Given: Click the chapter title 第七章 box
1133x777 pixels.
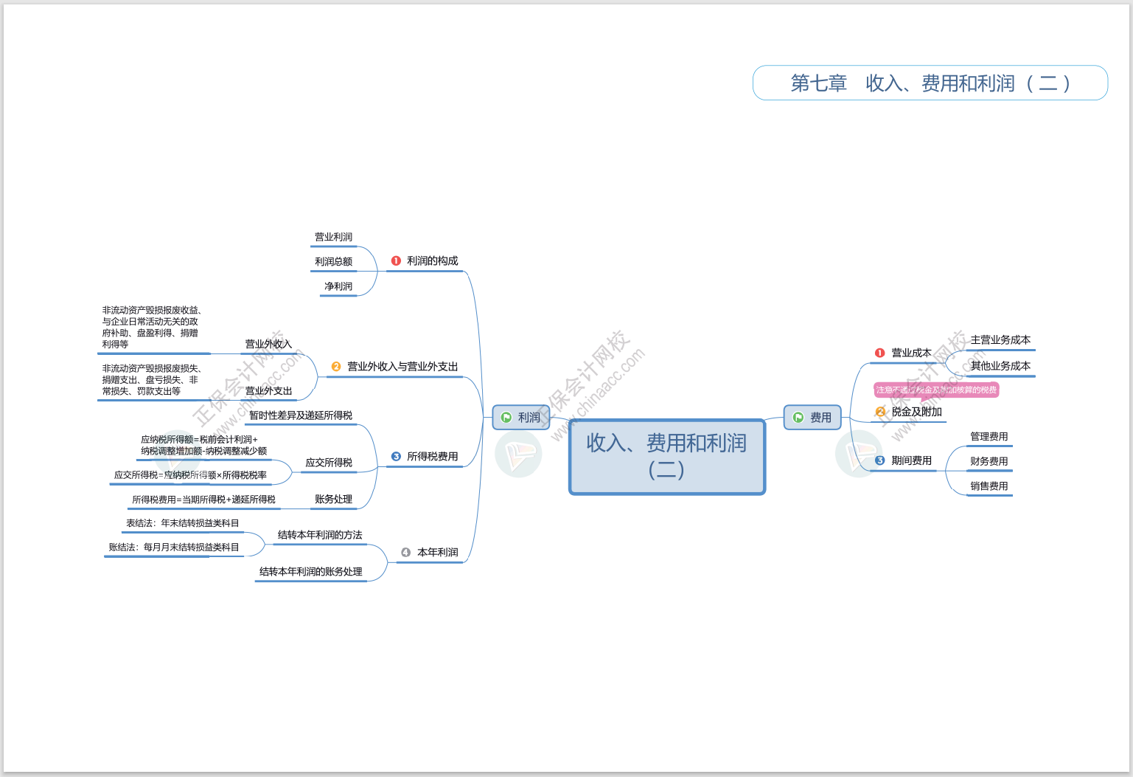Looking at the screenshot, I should (930, 83).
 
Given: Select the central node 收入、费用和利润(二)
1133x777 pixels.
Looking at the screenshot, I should (666, 456).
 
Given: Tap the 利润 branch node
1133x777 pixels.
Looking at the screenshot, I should (521, 418).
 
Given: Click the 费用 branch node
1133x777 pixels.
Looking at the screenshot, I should (812, 418).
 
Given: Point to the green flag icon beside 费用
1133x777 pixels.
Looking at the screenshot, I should (798, 418).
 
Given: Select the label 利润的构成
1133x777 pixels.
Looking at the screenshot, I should (432, 261).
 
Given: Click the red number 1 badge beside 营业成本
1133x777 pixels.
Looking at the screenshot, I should (879, 353).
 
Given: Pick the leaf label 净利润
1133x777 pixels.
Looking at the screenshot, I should (338, 286).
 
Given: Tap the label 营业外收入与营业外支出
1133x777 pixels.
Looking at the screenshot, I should (402, 367).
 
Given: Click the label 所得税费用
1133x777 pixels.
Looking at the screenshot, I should (432, 457).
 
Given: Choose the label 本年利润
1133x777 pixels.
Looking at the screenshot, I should (437, 553).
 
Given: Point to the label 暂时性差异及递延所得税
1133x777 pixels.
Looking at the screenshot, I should (301, 415).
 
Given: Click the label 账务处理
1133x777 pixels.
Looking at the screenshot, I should (333, 500).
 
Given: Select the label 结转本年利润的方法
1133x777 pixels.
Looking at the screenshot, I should (320, 535).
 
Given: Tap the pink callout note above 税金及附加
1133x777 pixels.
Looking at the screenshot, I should (936, 390).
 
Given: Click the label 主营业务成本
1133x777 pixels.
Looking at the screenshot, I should (1000, 340).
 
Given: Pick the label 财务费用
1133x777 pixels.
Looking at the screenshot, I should (989, 462).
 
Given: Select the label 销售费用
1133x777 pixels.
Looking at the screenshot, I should (989, 486).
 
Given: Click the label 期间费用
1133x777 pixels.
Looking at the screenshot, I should (911, 460).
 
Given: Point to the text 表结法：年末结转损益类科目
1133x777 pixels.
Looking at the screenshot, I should (182, 523).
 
